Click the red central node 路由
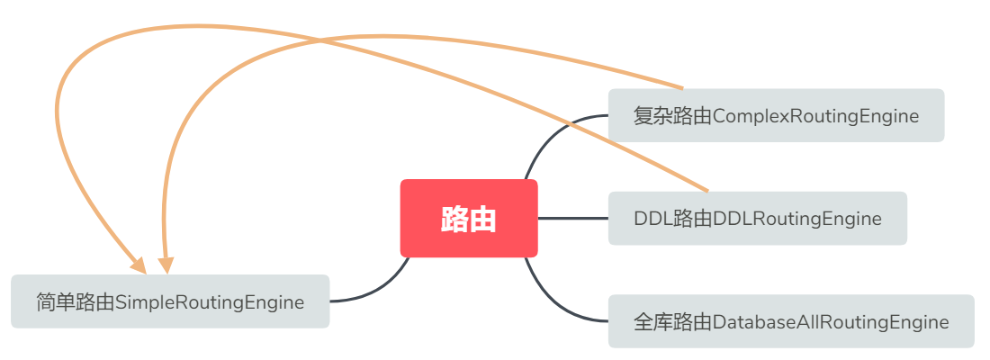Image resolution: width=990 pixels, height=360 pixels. (x=469, y=219)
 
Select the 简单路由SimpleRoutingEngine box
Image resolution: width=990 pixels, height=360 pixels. (x=170, y=301)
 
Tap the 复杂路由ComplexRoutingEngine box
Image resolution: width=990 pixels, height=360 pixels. (x=776, y=115)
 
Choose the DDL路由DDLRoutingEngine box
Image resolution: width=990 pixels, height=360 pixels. (x=757, y=218)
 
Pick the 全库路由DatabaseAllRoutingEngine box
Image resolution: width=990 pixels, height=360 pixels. (x=791, y=321)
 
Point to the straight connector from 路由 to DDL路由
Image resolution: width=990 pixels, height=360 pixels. (x=572, y=218)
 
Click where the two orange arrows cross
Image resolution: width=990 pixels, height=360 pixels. (x=320, y=40)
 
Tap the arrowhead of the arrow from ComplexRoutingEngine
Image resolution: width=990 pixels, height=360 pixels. (x=166, y=265)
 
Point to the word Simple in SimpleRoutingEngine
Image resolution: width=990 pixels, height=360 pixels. (x=137, y=301)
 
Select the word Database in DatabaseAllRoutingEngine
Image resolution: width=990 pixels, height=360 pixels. (x=747, y=321)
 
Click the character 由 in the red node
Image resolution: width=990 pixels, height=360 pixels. (x=483, y=219)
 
